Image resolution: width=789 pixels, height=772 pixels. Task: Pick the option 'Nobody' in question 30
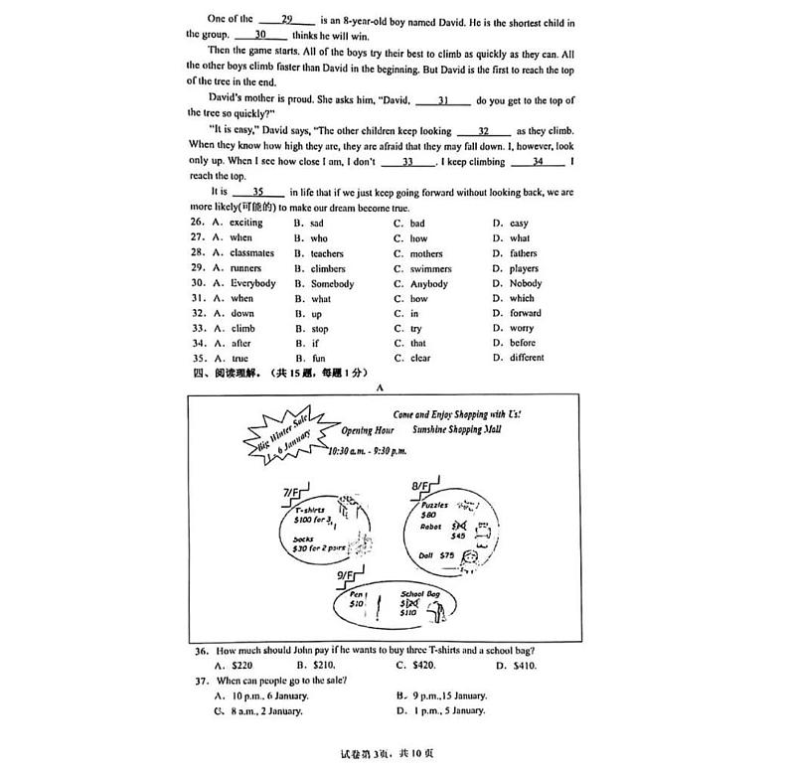(x=518, y=284)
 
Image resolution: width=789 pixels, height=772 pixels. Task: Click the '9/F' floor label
(x=346, y=575)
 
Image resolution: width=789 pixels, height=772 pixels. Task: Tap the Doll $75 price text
(x=435, y=555)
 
